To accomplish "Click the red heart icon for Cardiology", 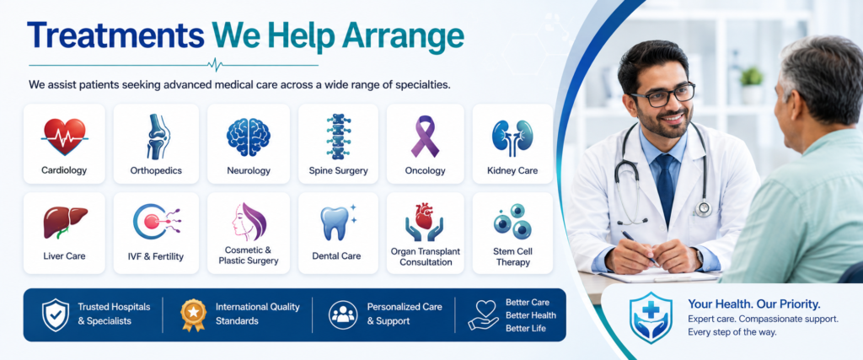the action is tap(64, 137).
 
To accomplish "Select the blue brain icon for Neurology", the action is tap(249, 137).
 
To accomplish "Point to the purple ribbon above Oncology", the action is tap(425, 136).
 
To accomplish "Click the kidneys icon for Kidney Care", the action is tap(512, 137).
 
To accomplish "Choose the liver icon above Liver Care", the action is tap(65, 222).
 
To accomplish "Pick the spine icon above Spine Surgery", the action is tap(338, 137).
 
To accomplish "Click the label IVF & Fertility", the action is tap(156, 256).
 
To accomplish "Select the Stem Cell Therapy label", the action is tap(512, 257).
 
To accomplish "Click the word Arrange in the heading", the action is tap(402, 36).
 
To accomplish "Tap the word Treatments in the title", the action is tap(115, 35).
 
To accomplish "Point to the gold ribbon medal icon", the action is tap(193, 314).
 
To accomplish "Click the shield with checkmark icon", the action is tap(56, 314).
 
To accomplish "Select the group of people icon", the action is tap(343, 314).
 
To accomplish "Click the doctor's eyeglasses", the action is tap(662, 94).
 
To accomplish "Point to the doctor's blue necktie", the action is tap(666, 186).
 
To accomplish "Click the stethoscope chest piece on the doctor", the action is tap(703, 208).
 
